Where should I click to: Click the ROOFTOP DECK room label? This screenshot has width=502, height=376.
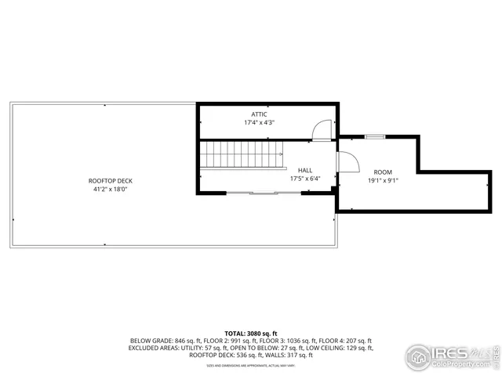108,181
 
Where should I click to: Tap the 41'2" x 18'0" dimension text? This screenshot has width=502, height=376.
108,189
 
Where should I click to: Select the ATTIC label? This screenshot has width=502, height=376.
259,114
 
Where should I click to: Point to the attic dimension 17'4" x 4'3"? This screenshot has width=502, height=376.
259,122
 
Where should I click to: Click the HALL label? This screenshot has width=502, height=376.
304,170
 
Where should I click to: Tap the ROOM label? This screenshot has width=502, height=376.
382,172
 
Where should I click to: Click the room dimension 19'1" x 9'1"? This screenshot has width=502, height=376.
383,180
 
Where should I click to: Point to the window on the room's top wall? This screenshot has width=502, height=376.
376,137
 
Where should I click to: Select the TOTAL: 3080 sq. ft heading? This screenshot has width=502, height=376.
250,334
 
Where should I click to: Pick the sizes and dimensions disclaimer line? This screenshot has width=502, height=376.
250,364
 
